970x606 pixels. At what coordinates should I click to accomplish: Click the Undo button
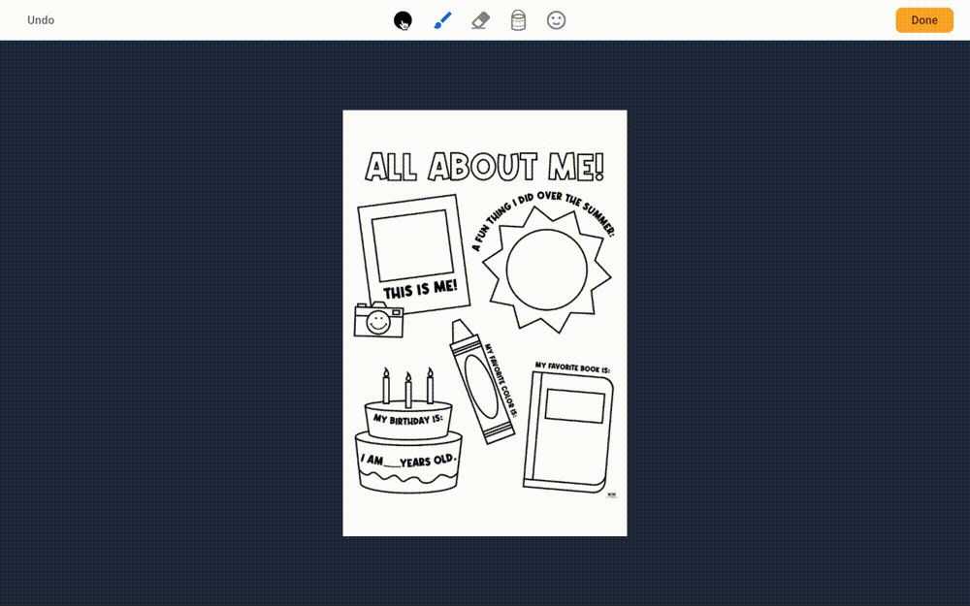(41, 20)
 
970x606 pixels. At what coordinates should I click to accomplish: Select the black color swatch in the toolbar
(403, 20)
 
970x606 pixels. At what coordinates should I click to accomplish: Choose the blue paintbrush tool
(442, 20)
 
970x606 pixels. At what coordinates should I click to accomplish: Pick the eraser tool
(481, 20)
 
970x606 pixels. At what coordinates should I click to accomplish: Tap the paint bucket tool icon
(518, 20)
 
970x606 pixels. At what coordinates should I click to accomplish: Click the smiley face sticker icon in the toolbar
(556, 20)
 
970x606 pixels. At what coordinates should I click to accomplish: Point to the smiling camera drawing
(378, 320)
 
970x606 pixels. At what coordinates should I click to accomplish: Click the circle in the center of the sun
(546, 270)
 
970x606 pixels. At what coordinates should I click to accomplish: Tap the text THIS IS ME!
(420, 289)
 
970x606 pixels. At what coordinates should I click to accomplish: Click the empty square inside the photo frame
(412, 245)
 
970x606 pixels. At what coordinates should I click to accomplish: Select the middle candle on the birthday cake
(408, 390)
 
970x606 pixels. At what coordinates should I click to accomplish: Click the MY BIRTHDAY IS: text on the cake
(407, 419)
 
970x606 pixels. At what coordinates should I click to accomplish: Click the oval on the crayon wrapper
(481, 387)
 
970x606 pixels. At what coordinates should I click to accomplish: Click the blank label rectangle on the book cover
(574, 406)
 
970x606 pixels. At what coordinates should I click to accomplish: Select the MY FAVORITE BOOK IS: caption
(572, 367)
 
